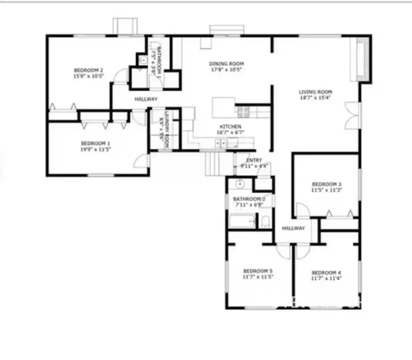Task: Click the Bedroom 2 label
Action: click(x=89, y=70)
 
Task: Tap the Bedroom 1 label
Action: click(x=96, y=144)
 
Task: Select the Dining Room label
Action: click(x=226, y=64)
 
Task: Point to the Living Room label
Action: click(x=315, y=92)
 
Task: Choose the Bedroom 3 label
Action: click(x=327, y=184)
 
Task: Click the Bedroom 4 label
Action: click(x=326, y=273)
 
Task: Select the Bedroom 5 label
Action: click(x=258, y=271)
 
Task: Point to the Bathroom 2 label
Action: click(x=249, y=199)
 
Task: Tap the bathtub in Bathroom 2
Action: click(x=242, y=222)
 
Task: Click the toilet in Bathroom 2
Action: click(x=265, y=222)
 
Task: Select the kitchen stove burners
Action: click(x=243, y=112)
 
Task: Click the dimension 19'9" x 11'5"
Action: click(x=96, y=149)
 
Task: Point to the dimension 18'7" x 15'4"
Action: click(x=315, y=98)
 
